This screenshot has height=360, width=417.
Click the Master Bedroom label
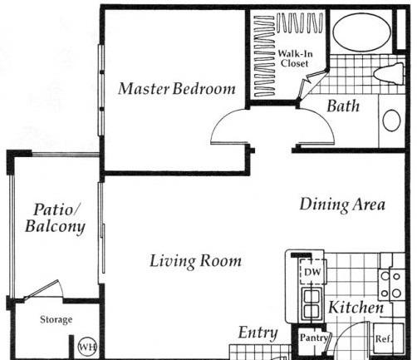(177, 89)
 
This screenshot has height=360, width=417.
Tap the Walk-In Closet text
(295, 58)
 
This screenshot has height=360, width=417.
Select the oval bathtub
(361, 32)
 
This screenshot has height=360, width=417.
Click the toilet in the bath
(389, 73)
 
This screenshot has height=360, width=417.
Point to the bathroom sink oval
(391, 121)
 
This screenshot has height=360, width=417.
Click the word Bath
(343, 106)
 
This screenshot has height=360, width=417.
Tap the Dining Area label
(342, 205)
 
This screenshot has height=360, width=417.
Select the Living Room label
(195, 261)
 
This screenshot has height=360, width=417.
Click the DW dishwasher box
(313, 272)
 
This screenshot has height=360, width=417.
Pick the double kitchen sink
(312, 304)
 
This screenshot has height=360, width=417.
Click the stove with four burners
(390, 284)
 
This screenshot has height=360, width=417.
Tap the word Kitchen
(356, 308)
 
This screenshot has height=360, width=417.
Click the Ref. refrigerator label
(384, 338)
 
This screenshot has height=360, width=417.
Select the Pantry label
(314, 338)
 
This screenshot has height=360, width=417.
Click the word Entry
(258, 333)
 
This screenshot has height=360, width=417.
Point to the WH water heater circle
(87, 347)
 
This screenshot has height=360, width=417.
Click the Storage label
(56, 319)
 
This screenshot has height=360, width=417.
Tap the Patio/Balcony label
(55, 218)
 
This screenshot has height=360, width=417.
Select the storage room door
(42, 289)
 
